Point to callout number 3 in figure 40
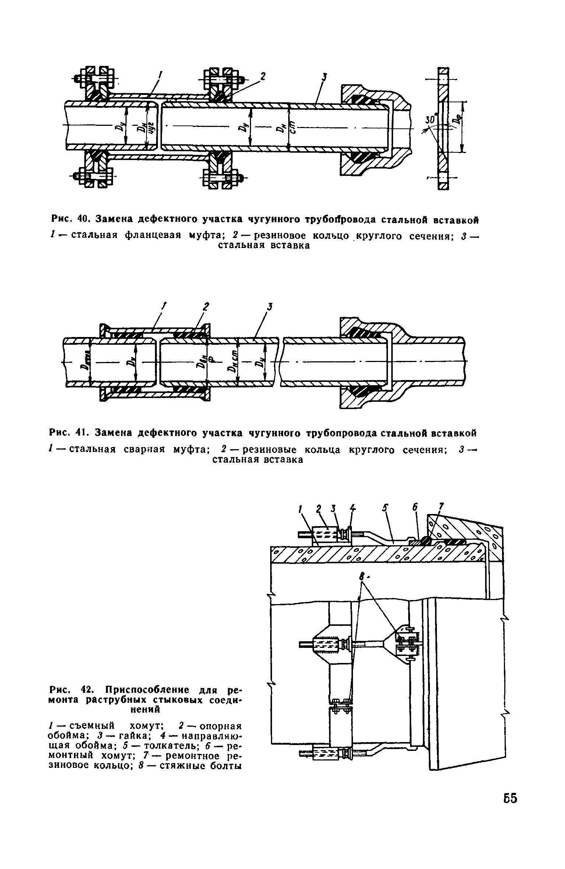click(x=325, y=77)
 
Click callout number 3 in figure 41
click(x=270, y=306)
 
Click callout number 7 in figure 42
click(x=442, y=507)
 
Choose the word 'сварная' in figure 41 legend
click(x=143, y=450)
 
